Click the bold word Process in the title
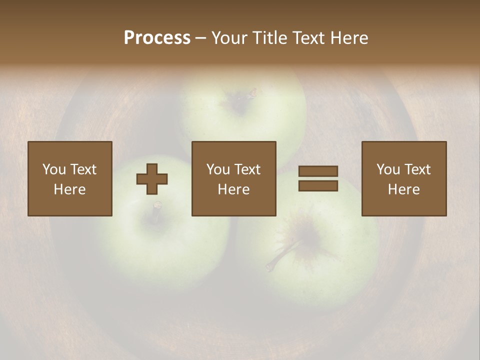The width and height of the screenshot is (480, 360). tap(157, 38)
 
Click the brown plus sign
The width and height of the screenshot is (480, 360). tap(152, 179)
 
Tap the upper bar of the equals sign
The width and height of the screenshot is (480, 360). tap(318, 171)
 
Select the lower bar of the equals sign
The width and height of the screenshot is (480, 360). tap(318, 186)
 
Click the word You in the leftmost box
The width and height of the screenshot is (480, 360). tap(54, 169)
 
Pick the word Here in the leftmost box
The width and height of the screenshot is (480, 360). tap(69, 189)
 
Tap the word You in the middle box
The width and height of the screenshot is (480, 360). tap(218, 169)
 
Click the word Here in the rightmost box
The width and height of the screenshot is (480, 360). tap(403, 189)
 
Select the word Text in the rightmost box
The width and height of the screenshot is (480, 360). tap(417, 169)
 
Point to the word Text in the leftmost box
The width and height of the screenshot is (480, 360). tap(83, 169)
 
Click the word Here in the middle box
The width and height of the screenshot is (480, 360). tap(233, 189)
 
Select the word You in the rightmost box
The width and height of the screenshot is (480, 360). tap(388, 169)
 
